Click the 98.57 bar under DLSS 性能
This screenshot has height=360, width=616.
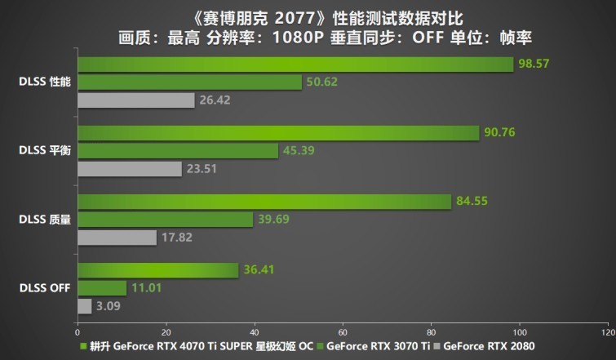[294, 64]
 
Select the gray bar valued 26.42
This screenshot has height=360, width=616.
[135, 100]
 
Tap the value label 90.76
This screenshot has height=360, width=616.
[499, 132]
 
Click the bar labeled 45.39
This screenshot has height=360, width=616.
[177, 151]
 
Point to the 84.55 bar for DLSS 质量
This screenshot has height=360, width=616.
[264, 201]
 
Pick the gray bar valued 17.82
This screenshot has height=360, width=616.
[117, 238]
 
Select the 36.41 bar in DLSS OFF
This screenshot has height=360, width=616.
[157, 269]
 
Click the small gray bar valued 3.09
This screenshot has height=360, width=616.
[84, 306]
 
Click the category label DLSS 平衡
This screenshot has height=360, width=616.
[47, 150]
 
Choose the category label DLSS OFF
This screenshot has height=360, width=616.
[45, 287]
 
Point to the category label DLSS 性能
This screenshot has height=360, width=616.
[47, 82]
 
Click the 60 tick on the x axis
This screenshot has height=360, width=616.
[342, 333]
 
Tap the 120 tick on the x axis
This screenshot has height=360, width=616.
[606, 333]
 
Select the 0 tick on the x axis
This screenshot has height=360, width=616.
[78, 333]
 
